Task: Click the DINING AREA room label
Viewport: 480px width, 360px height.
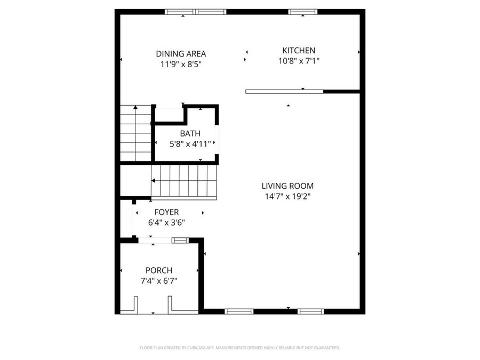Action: pyautogui.click(x=181, y=54)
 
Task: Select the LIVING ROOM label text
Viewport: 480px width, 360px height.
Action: pyautogui.click(x=287, y=186)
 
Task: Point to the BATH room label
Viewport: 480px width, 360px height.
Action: pyautogui.click(x=190, y=134)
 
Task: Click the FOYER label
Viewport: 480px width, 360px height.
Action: pyautogui.click(x=166, y=212)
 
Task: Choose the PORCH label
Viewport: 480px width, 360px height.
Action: pyautogui.click(x=159, y=271)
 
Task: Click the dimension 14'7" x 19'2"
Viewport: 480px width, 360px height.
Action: pyautogui.click(x=287, y=196)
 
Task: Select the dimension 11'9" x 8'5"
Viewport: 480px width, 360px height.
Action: pyautogui.click(x=181, y=64)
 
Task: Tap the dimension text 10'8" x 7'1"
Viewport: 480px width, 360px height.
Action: pyautogui.click(x=299, y=61)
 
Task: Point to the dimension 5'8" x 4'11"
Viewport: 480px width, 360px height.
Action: pyautogui.click(x=190, y=143)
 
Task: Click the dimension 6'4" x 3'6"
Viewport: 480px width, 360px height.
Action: pyautogui.click(x=166, y=222)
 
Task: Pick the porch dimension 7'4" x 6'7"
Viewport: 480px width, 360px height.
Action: pyautogui.click(x=159, y=281)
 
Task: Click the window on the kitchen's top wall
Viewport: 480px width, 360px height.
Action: pyautogui.click(x=303, y=12)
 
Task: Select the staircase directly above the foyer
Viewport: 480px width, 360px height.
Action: pyautogui.click(x=184, y=181)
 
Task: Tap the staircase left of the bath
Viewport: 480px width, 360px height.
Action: pyautogui.click(x=135, y=133)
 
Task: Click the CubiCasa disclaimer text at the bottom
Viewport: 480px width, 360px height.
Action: pyautogui.click(x=239, y=348)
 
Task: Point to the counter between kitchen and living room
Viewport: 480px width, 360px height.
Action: pyautogui.click(x=284, y=92)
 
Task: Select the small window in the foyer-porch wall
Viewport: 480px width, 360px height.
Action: pyautogui.click(x=180, y=241)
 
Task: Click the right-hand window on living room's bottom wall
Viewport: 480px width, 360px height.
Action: pyautogui.click(x=311, y=311)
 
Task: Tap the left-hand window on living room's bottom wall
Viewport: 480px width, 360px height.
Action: pyautogui.click(x=239, y=311)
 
